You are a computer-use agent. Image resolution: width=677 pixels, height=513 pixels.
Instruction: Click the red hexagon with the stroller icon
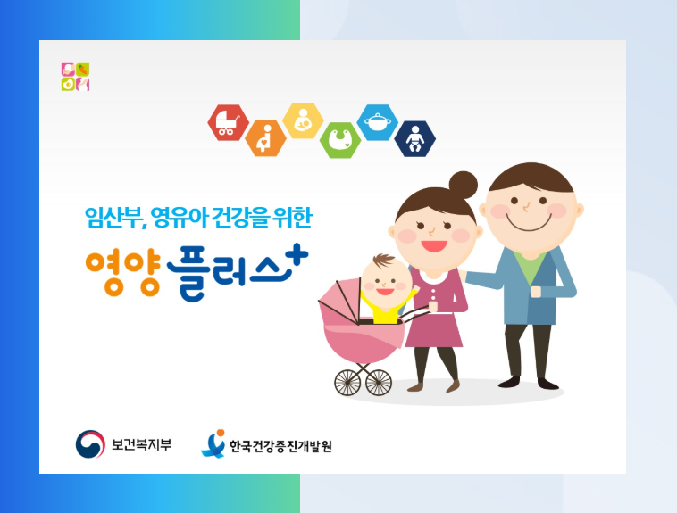tap(228, 123)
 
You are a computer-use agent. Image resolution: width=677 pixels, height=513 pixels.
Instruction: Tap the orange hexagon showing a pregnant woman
tap(265, 139)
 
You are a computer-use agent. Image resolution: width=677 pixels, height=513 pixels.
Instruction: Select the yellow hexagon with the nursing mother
tap(303, 120)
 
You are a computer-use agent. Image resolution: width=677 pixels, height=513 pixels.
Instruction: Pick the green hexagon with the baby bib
tap(340, 140)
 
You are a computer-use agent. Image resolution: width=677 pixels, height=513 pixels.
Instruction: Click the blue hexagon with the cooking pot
tap(377, 122)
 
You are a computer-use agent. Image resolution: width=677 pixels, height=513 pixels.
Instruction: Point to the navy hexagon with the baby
tap(414, 139)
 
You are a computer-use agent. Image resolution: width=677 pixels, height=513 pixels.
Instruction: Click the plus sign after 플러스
tap(298, 255)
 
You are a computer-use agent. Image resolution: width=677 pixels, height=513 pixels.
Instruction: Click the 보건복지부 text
tap(142, 443)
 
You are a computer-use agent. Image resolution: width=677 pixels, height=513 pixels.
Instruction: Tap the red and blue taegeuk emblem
tap(89, 443)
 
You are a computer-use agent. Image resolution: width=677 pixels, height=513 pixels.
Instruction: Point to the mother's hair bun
tap(463, 186)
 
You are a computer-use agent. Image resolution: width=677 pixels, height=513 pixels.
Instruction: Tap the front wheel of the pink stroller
tap(379, 383)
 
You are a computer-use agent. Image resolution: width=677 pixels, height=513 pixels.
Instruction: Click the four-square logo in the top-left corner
tap(76, 77)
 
